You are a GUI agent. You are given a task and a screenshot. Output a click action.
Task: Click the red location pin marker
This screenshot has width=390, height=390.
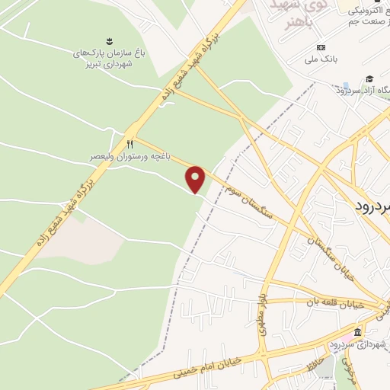[x=196, y=179]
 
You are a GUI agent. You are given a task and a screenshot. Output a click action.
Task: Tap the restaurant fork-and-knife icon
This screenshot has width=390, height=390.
[x=130, y=143]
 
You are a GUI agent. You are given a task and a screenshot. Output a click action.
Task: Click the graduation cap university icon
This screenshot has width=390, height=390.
[x=369, y=79]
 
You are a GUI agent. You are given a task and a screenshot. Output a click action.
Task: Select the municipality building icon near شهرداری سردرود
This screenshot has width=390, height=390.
[x=356, y=332]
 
